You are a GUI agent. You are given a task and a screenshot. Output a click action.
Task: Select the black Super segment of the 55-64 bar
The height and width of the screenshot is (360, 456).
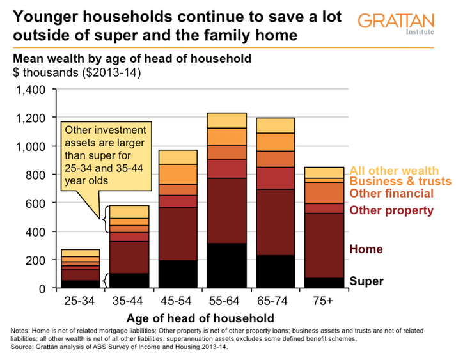227,265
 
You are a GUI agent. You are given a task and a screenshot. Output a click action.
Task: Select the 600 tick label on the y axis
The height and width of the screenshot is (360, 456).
33,203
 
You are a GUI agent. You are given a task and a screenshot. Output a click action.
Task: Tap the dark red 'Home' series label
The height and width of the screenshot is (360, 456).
368,249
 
